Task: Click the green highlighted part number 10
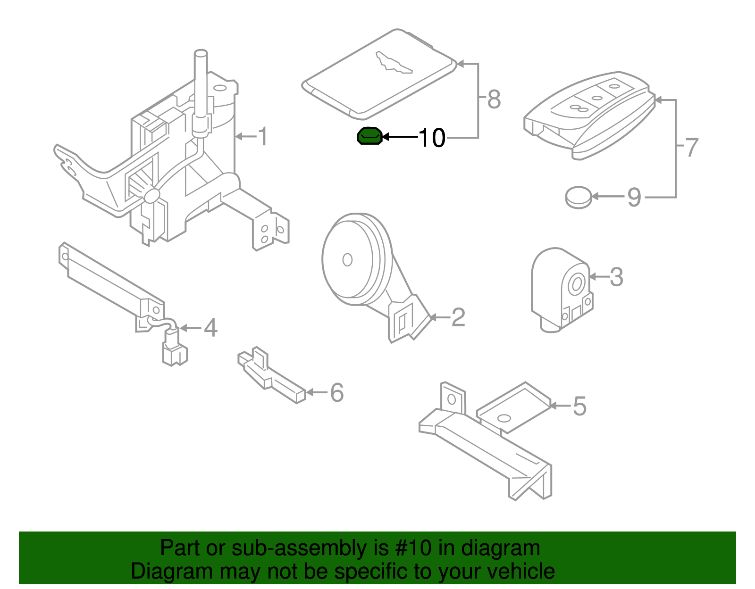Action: pos(369,136)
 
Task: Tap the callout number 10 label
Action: pos(431,138)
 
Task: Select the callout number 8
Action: pos(494,100)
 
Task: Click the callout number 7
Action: pos(691,148)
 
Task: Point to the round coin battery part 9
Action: pos(579,197)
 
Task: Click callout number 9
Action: pos(634,197)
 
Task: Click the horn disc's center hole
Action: pos(347,260)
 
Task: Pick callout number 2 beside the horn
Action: pos(458,317)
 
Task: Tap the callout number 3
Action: pos(616,277)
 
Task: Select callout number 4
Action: pos(210,328)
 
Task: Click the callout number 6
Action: pos(336,392)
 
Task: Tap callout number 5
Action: pos(579,406)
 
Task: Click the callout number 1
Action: pos(262,137)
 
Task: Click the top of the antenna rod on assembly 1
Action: pos(201,53)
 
